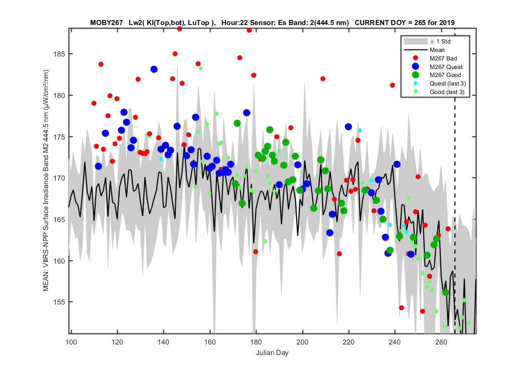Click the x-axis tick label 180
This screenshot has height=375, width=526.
256,342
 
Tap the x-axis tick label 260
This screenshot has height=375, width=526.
441,342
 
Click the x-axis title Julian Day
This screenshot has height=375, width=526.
272,352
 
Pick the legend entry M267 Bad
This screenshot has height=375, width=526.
443,58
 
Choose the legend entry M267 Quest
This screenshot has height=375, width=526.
446,66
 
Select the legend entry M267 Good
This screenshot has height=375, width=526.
445,75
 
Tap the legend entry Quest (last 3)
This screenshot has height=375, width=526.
447,83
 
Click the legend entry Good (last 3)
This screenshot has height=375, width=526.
447,91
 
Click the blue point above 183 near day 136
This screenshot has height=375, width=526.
154,69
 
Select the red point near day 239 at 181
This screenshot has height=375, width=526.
392,85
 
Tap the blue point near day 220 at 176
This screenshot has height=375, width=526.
348,127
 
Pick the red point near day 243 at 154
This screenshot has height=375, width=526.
402,307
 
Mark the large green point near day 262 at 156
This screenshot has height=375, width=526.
445,292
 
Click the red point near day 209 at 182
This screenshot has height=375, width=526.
323,78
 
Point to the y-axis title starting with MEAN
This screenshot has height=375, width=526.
46,180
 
